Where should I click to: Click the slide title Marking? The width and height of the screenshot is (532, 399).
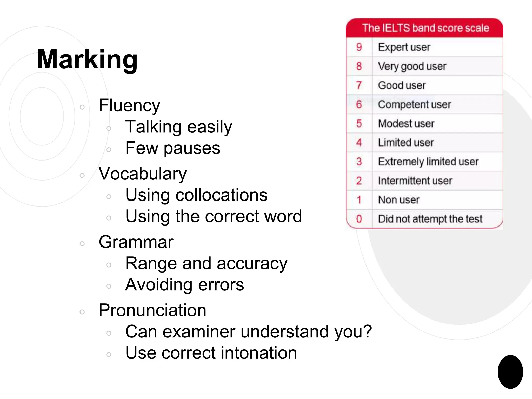coord(87,59)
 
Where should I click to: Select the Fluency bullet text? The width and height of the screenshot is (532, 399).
coord(129,106)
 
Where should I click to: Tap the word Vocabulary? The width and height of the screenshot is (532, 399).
coord(143,174)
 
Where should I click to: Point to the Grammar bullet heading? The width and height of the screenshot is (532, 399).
coord(136,242)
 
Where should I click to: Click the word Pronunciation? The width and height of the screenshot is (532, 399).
coord(152,310)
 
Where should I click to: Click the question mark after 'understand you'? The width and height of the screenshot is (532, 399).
coord(367,331)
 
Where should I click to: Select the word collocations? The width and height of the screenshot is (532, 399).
coord(221,195)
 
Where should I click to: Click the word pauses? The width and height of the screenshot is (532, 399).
coord(192,148)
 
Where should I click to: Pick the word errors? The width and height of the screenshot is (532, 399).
coord(221,285)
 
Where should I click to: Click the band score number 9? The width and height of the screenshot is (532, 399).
coord(359,47)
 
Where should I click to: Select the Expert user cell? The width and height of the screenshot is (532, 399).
coord(404,47)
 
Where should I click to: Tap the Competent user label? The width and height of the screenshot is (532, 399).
coord(414,104)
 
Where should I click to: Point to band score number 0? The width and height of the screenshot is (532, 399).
coord(359,219)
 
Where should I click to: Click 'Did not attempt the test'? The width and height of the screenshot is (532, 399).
coord(430,219)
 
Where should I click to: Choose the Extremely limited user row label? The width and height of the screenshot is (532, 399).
coord(428,162)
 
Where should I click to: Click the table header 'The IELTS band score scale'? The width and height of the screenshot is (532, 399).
coord(425,28)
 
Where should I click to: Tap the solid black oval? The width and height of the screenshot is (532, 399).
coord(510,372)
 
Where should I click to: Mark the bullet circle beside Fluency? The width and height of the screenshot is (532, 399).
coord(82,107)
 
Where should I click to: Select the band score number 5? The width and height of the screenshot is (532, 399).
coord(359,123)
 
